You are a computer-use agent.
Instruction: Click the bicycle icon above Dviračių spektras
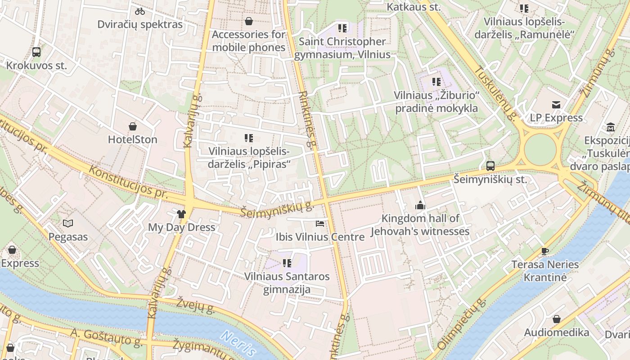click(x=140, y=11)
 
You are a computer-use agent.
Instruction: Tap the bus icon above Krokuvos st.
click(x=36, y=52)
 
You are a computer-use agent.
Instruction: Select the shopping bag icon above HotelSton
click(x=132, y=126)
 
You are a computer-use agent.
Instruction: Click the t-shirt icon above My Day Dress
click(x=181, y=214)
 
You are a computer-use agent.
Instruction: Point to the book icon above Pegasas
click(x=68, y=223)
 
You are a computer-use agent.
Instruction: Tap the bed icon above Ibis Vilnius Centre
click(x=319, y=224)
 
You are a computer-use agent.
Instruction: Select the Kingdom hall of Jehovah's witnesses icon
click(x=420, y=206)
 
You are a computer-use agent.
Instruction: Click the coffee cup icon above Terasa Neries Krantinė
click(x=545, y=251)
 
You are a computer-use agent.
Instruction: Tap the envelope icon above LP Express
click(x=556, y=105)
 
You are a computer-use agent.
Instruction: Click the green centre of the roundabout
click(x=540, y=150)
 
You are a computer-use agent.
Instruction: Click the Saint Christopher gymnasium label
click(x=342, y=48)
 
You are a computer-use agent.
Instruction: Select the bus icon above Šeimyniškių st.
click(x=490, y=166)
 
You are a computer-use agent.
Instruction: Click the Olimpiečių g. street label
click(x=462, y=324)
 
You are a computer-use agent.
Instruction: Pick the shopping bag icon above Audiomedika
click(x=557, y=319)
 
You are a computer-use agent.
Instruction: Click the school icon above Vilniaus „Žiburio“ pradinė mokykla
click(x=436, y=82)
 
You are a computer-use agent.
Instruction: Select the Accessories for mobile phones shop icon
click(x=248, y=21)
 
